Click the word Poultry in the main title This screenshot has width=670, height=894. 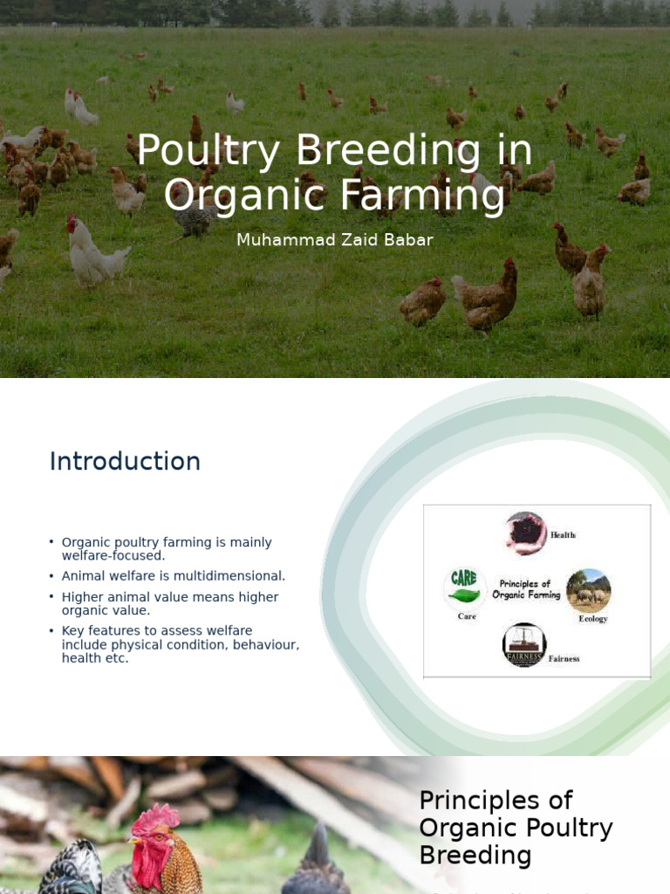211,151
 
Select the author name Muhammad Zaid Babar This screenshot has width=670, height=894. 334,240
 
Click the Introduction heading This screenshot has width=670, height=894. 125,461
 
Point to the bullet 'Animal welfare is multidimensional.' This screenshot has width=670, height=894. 173,576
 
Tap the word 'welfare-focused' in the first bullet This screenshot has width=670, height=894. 113,555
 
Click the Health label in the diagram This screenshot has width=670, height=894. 563,534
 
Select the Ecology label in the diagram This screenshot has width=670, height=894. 592,619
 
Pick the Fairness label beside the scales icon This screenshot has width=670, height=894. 564,658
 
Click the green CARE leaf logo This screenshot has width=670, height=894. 464,587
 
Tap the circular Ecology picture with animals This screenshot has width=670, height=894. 588,590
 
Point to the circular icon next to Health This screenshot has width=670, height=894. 525,533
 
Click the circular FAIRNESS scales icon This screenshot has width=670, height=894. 524,644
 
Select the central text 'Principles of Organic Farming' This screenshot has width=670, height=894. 525,589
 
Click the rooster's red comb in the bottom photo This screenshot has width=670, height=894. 155,821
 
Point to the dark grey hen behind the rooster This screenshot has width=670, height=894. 316,864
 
